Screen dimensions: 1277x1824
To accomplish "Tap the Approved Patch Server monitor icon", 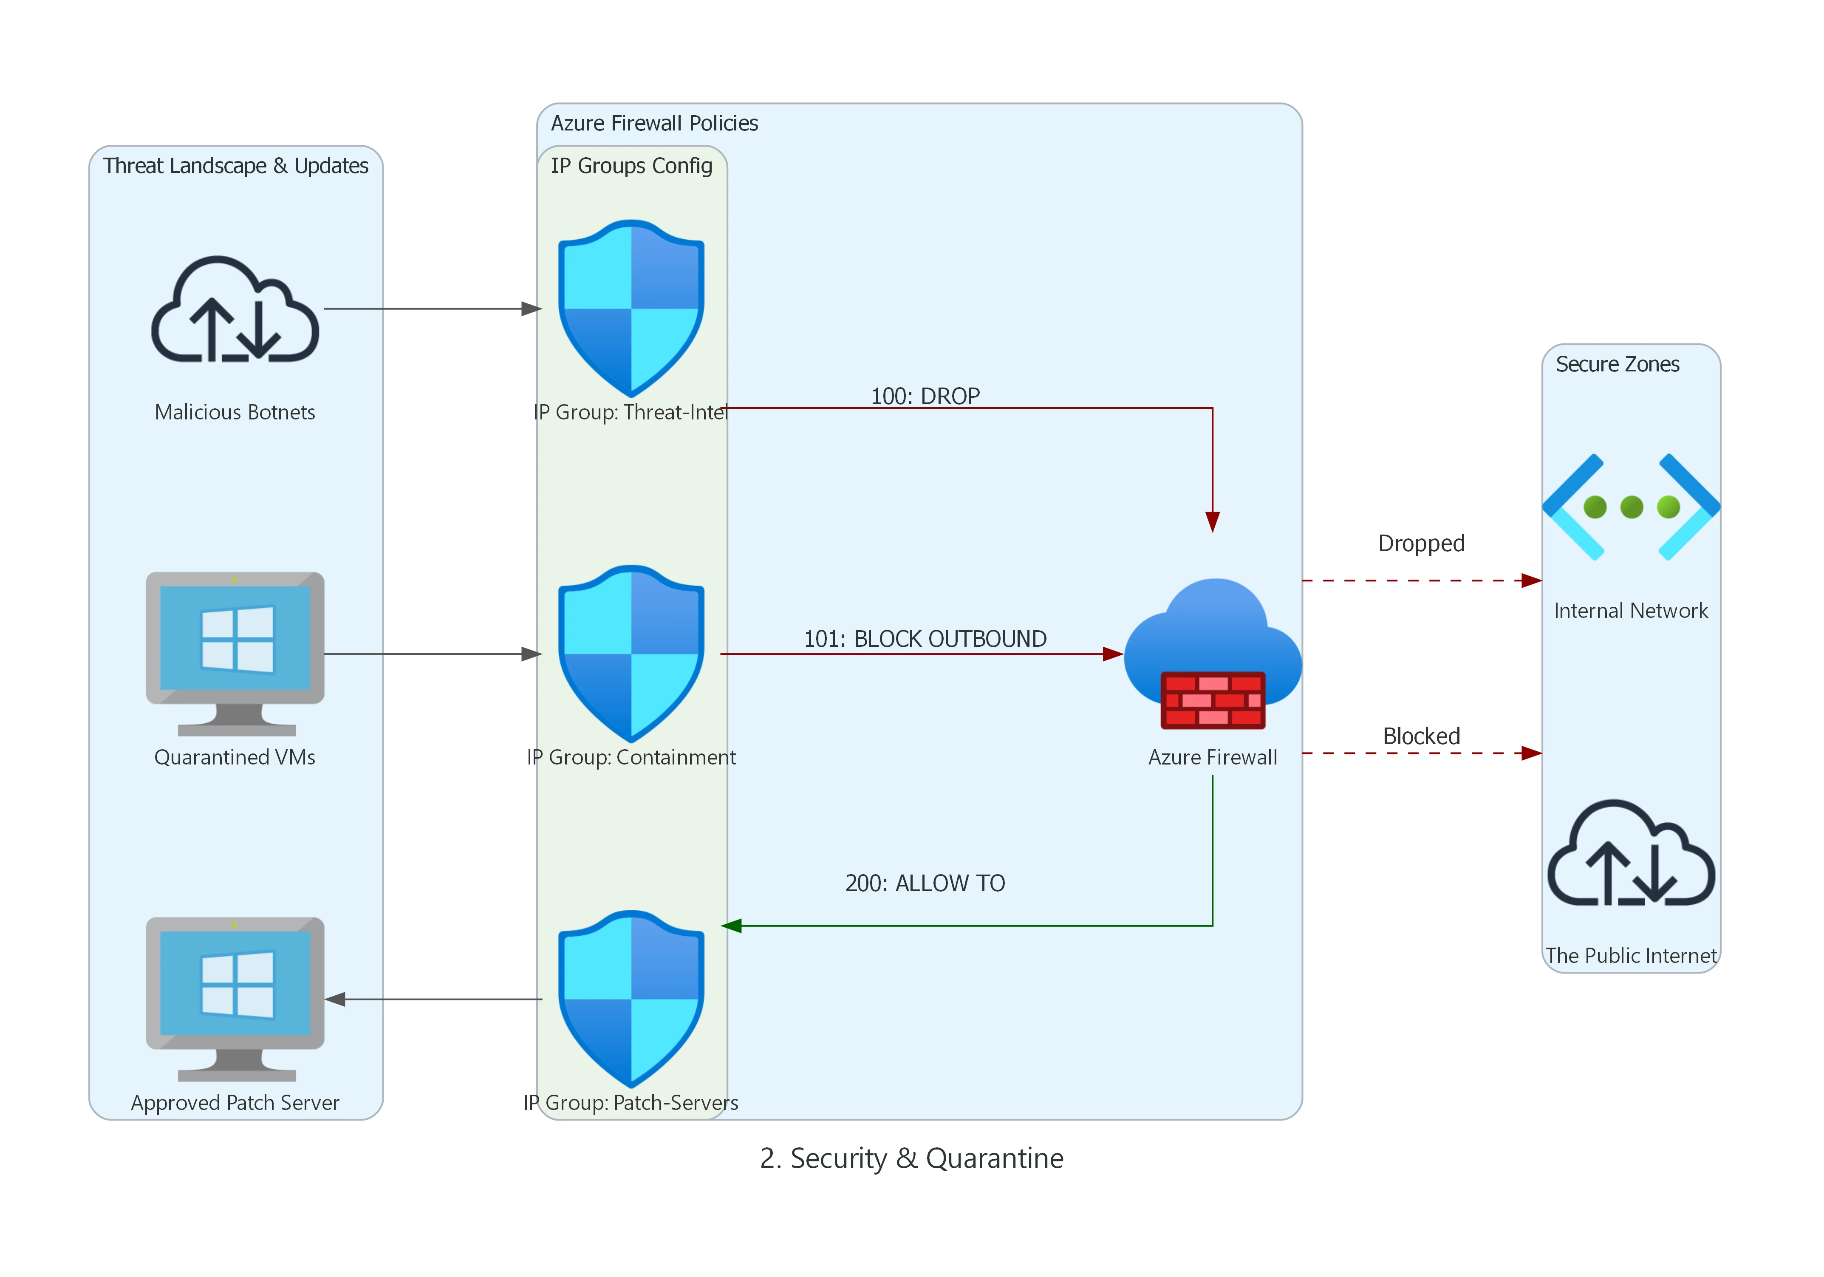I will point(235,998).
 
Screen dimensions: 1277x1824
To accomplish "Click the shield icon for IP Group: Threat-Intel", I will point(631,309).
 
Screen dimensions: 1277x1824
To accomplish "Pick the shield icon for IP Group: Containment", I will point(631,653).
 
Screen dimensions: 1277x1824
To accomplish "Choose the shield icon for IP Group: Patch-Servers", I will point(631,999).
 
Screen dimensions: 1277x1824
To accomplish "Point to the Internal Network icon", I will point(1631,507).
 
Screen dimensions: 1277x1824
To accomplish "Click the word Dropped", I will point(1421,544).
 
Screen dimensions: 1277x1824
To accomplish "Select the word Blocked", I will point(1421,736).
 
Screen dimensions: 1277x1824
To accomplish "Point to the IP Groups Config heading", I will point(631,165).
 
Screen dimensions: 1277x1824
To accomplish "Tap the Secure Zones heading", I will point(1618,364).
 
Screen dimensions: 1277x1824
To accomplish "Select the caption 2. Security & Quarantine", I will point(911,1158).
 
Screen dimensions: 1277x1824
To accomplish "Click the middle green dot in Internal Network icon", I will point(1631,507).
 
